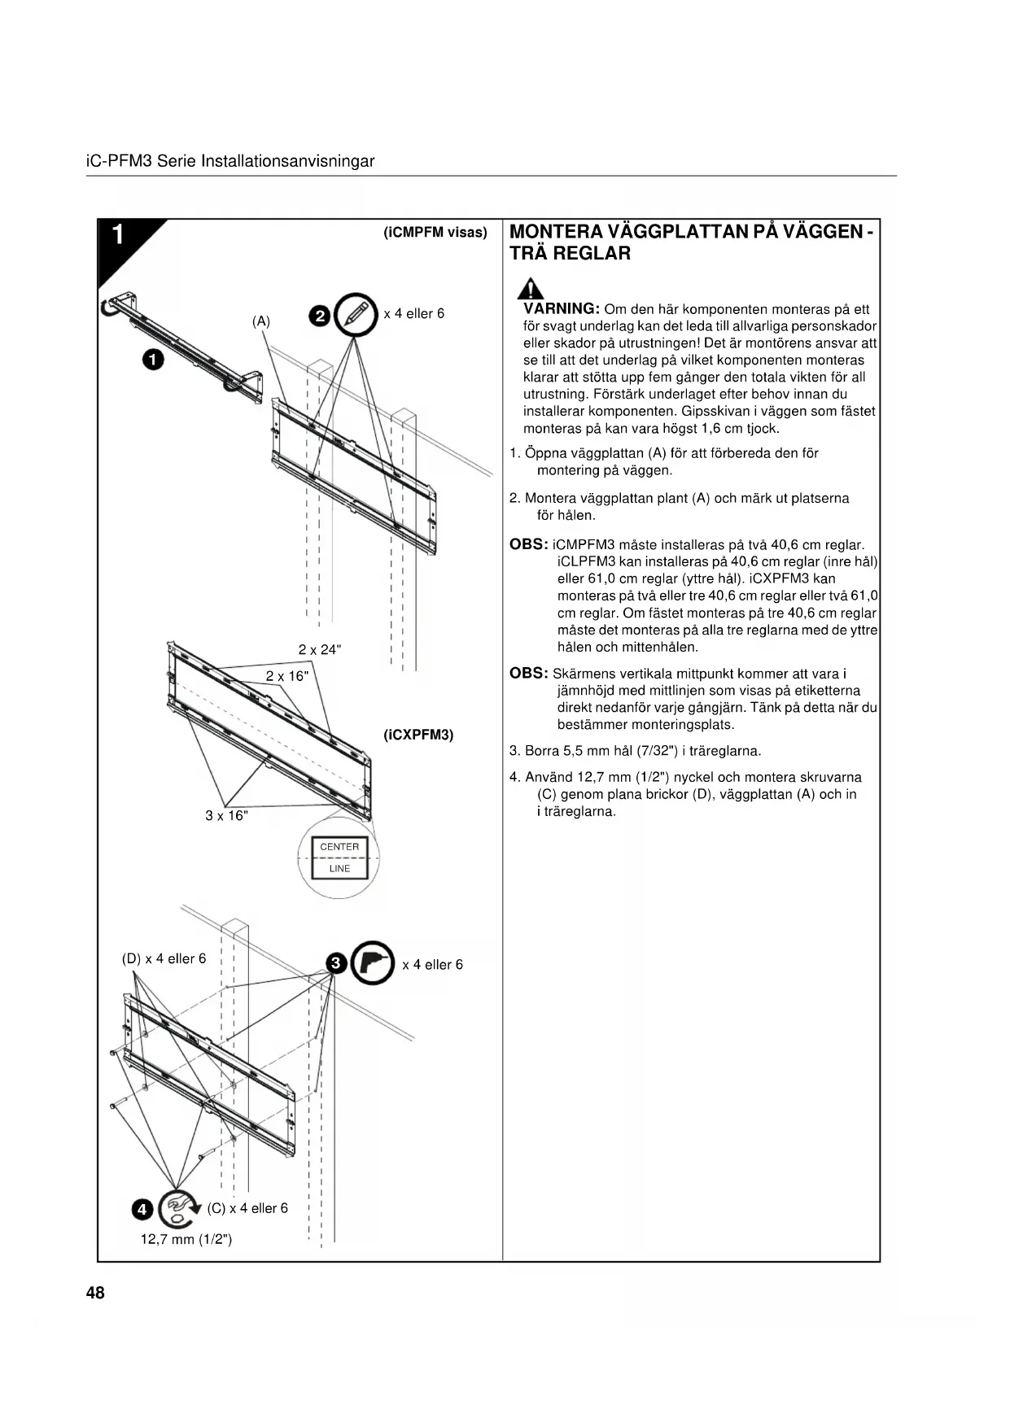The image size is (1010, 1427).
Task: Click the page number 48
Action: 95,1293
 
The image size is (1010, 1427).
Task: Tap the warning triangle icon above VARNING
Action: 531,289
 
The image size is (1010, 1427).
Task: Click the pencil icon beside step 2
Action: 356,313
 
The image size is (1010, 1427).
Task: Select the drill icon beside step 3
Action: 374,963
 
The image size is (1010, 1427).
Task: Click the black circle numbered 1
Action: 153,359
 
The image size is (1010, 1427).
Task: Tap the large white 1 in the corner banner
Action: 118,235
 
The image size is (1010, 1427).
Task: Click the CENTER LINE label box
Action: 339,858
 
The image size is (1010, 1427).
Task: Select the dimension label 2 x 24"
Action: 320,649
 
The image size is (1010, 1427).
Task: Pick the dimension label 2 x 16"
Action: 287,676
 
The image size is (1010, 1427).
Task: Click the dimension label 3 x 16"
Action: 226,816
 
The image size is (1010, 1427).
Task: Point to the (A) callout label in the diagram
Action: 260,321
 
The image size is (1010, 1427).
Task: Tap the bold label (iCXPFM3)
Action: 418,735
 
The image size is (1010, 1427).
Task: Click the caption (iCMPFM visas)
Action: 435,233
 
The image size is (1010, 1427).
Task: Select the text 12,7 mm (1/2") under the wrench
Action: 186,1239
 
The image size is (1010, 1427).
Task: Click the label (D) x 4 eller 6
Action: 164,958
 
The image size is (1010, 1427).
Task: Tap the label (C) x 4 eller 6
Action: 247,1208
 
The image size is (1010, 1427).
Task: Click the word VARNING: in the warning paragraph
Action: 562,309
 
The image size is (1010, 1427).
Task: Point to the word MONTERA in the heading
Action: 556,232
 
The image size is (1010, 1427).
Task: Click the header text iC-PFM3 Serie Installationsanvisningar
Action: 230,161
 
